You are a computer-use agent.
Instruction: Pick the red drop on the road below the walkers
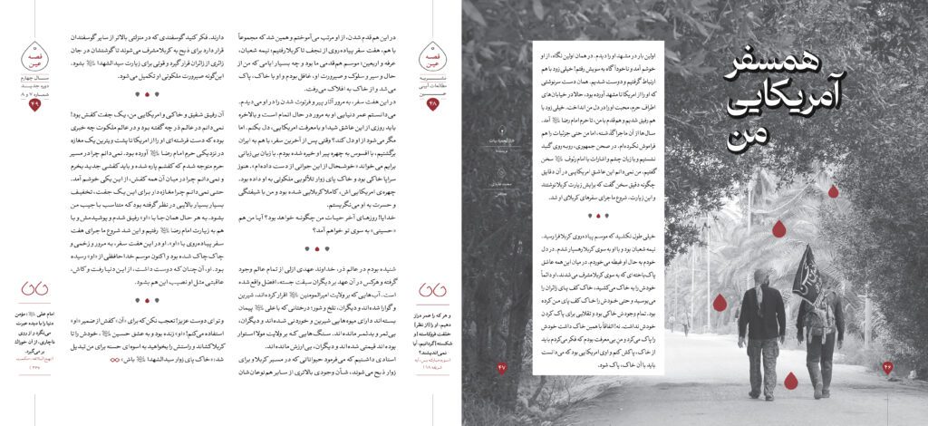click(x=790, y=380)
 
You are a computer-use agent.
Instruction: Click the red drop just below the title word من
click(x=778, y=228)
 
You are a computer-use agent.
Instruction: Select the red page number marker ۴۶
click(x=887, y=367)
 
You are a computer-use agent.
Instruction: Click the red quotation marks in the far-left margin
click(x=35, y=290)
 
